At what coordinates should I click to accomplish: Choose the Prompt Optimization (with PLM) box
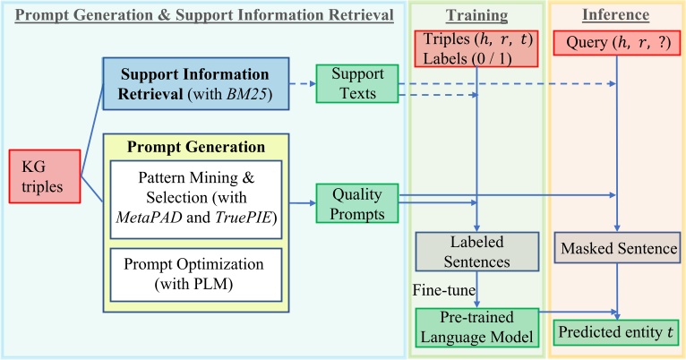pos(194,275)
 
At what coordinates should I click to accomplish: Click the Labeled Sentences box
pos(476,251)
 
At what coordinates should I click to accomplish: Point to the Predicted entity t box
pos(619,332)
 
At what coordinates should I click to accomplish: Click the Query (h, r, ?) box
pos(619,42)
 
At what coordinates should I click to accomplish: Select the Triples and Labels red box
pos(476,51)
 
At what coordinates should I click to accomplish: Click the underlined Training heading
pos(477,15)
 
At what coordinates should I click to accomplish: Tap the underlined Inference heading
pos(617,15)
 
